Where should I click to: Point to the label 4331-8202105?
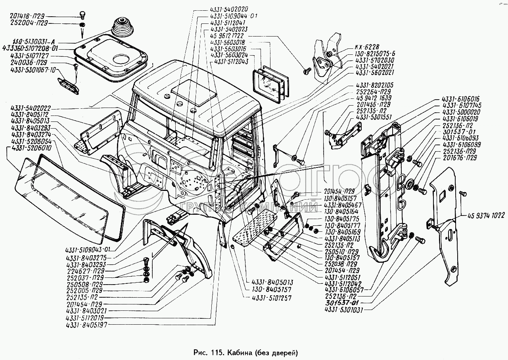tap(374, 85)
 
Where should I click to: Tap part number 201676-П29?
tap(461, 158)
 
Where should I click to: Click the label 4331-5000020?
tap(461, 112)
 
